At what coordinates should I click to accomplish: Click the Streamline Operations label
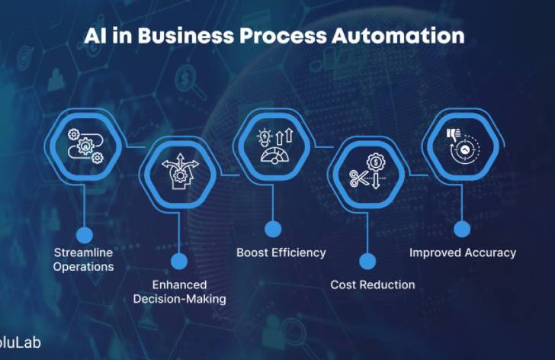[x=84, y=259]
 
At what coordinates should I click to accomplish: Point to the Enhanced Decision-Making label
[x=179, y=292]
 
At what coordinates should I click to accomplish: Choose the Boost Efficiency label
[x=281, y=252]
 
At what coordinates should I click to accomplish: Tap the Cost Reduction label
[x=373, y=284]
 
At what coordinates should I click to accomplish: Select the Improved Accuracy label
[x=463, y=252]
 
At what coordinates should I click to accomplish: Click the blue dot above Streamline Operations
[x=85, y=234]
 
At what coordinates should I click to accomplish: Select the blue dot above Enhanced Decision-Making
[x=179, y=262]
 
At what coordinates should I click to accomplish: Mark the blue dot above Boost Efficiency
[x=272, y=228]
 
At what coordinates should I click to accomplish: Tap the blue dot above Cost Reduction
[x=367, y=262]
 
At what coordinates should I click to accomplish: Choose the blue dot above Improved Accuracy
[x=462, y=228]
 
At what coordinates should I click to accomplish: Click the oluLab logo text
[x=21, y=342]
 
